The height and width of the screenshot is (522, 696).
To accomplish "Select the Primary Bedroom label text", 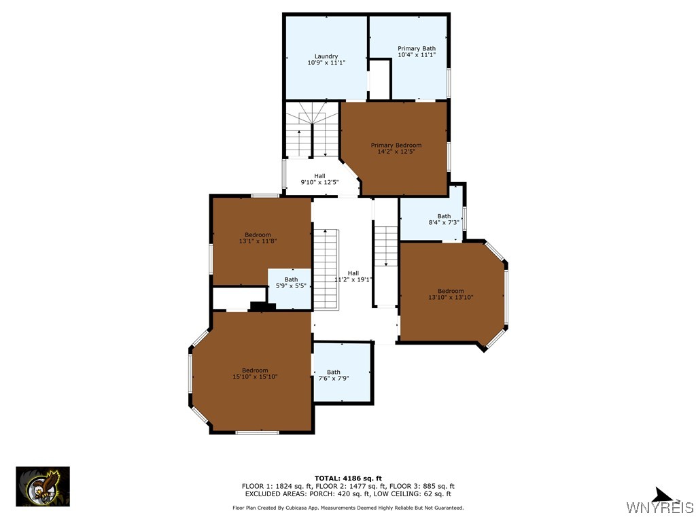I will [396, 145].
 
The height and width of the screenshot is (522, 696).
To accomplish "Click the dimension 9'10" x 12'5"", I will [319, 182].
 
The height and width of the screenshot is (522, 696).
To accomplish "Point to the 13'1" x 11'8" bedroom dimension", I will [258, 241].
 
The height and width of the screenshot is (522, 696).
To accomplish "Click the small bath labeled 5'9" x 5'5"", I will [291, 283].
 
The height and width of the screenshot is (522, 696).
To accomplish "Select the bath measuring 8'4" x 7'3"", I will [444, 220].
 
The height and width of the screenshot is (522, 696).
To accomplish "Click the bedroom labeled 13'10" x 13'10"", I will [451, 294].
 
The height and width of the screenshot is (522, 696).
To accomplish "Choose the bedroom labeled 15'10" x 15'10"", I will [255, 373].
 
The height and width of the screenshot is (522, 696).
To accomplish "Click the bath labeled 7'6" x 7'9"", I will [333, 375].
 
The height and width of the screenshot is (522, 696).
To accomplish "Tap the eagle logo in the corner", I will [43, 487].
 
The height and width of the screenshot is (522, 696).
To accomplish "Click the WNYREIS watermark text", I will [659, 508].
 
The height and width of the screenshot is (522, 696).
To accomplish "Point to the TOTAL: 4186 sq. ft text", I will [347, 478].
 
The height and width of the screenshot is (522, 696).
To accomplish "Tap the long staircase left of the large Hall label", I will [326, 268].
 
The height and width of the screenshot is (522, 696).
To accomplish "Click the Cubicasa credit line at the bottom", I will [348, 508].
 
